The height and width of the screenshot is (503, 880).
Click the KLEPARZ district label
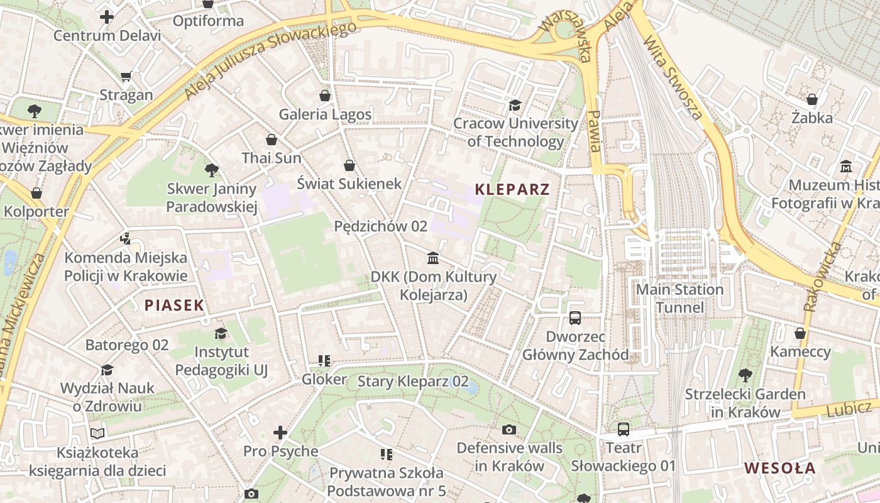click(x=512, y=189)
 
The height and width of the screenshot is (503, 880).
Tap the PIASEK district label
click(x=174, y=306)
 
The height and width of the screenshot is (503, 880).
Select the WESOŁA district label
click(x=779, y=468)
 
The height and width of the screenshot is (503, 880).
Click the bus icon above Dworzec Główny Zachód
click(x=575, y=318)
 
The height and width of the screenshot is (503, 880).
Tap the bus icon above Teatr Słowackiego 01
click(x=623, y=429)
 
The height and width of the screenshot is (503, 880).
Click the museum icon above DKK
click(x=433, y=258)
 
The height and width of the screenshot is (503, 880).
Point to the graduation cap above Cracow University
click(x=515, y=105)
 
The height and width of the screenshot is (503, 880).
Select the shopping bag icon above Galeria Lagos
click(x=325, y=96)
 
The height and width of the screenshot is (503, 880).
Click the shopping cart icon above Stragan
click(x=126, y=77)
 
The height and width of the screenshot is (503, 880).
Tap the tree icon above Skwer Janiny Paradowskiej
click(x=212, y=170)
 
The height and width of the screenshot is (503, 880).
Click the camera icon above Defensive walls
click(x=509, y=429)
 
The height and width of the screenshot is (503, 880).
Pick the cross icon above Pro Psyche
click(x=280, y=433)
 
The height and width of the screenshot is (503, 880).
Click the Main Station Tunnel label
click(x=679, y=299)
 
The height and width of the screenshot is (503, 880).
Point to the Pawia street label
click(x=594, y=131)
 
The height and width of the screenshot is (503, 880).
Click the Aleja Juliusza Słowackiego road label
click(x=272, y=61)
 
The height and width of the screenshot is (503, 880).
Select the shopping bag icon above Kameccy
click(x=800, y=333)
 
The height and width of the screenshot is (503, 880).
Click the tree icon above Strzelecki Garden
click(x=745, y=375)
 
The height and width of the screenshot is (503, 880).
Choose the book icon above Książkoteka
click(x=97, y=433)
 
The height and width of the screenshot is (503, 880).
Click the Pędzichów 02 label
click(x=380, y=226)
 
